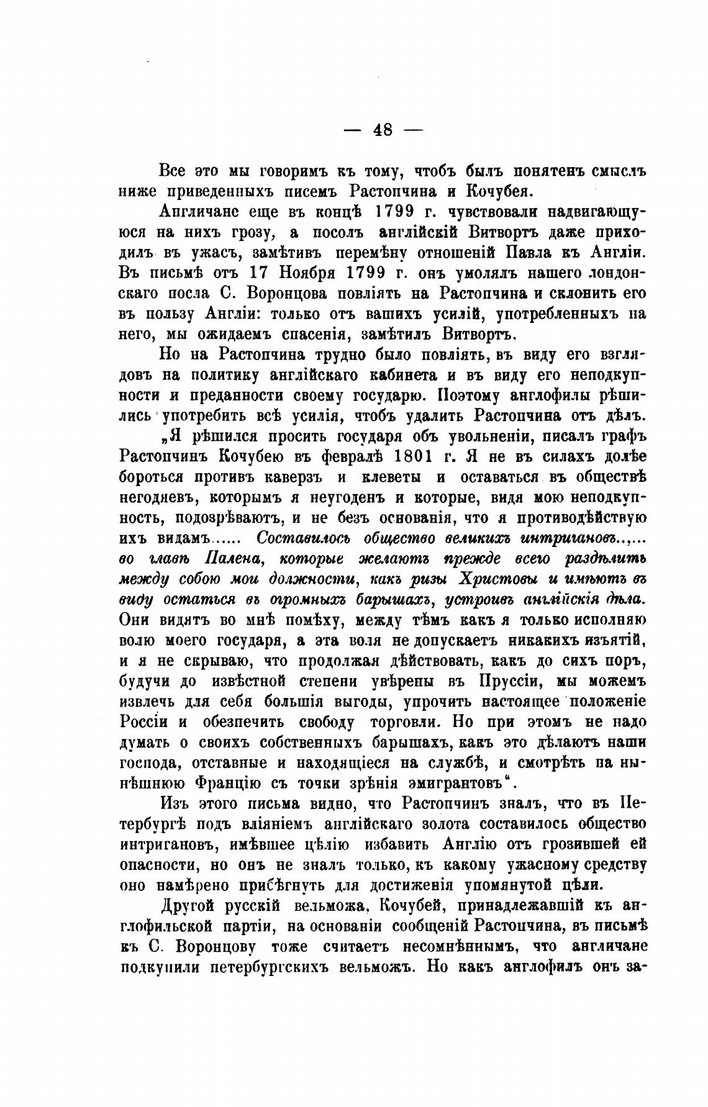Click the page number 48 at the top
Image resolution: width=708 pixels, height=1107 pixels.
(383, 130)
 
